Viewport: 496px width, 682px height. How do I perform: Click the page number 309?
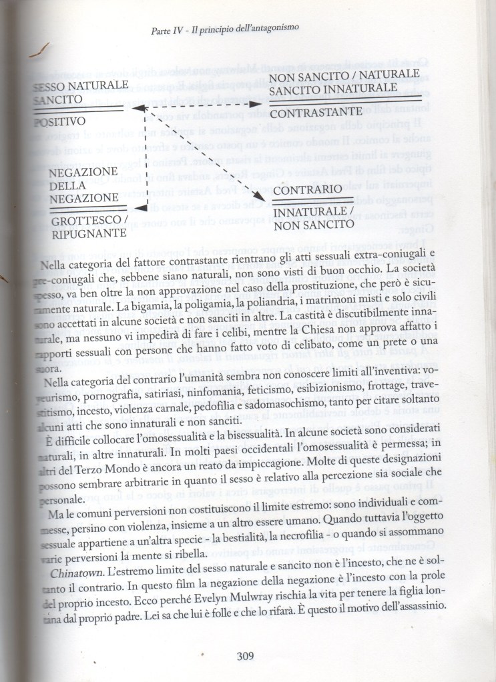click(x=247, y=655)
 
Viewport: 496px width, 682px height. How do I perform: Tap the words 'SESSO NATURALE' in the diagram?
click(x=79, y=86)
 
